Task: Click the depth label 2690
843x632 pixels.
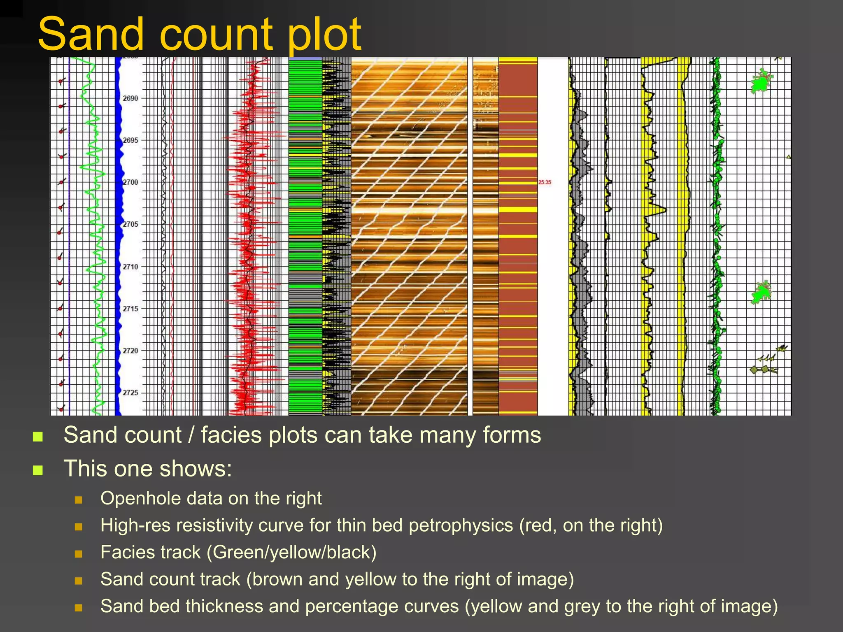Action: (130, 98)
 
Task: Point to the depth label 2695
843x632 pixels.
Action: (130, 140)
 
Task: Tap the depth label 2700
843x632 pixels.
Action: (130, 182)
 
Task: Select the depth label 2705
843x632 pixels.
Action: (130, 224)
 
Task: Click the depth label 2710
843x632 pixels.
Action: (130, 267)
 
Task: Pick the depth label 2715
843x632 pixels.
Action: (130, 309)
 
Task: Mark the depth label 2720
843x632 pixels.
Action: (130, 351)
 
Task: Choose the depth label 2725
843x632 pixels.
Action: (130, 393)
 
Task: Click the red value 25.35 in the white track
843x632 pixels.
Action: (545, 182)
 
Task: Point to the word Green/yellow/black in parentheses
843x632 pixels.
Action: (291, 553)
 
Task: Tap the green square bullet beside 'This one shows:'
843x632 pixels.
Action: (38, 470)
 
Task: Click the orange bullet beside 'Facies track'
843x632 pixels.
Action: (79, 554)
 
